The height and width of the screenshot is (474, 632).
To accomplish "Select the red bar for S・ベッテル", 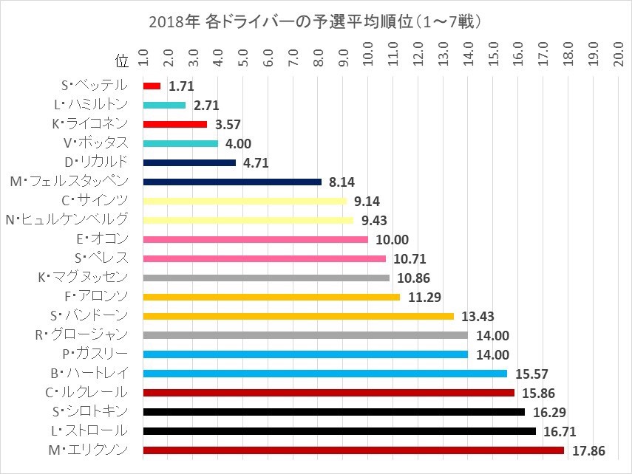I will (152, 86).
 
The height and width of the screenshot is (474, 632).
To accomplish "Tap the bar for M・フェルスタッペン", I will (232, 182).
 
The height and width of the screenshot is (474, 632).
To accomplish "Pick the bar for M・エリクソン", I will (353, 450).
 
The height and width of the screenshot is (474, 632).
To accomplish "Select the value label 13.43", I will (478, 316).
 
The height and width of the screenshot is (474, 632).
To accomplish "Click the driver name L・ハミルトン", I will (96, 105).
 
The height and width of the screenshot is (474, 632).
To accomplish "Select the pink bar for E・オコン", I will (255, 239).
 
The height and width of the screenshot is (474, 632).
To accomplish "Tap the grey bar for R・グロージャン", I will (305, 335).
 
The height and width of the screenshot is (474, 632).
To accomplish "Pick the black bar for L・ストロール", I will (339, 431).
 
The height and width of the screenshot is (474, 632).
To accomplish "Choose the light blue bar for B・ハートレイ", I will (325, 374).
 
